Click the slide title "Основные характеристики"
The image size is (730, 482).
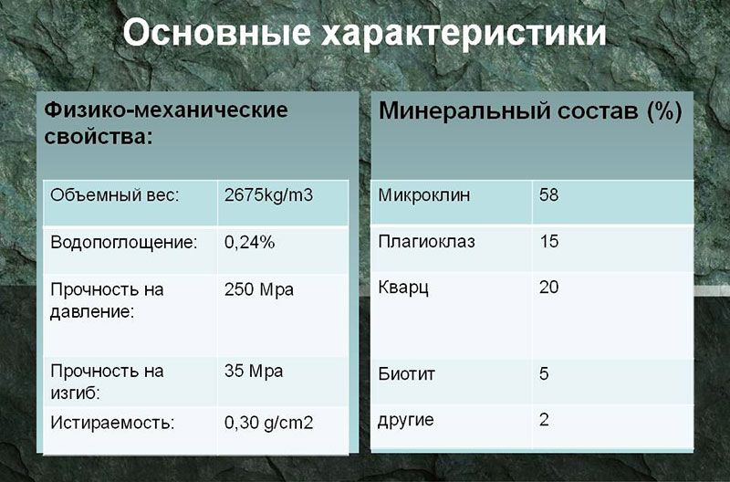[x=364, y=34]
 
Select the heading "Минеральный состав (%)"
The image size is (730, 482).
[x=530, y=112]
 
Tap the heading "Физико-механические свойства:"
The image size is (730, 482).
[x=166, y=124]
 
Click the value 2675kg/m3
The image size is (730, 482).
[x=268, y=195]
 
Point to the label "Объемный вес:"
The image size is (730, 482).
[x=115, y=195]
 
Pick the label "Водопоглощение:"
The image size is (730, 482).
[x=124, y=243]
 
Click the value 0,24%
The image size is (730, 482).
[x=249, y=243]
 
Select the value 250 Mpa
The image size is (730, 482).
[x=259, y=289]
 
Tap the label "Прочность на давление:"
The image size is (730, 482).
[x=107, y=301]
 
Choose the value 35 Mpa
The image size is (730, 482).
[x=254, y=372]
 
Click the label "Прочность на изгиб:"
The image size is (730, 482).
[x=107, y=382]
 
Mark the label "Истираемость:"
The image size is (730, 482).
[x=112, y=423]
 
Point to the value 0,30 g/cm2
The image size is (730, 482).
[x=268, y=423]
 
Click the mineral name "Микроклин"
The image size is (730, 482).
[x=424, y=195]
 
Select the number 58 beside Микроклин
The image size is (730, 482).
[x=549, y=194]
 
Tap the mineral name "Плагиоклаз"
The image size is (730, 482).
[x=426, y=242]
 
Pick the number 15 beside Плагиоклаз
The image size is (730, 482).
[x=549, y=241]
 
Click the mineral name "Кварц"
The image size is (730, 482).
[x=403, y=288]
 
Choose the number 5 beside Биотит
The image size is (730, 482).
[x=544, y=373]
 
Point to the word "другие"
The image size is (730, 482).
[x=406, y=421]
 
